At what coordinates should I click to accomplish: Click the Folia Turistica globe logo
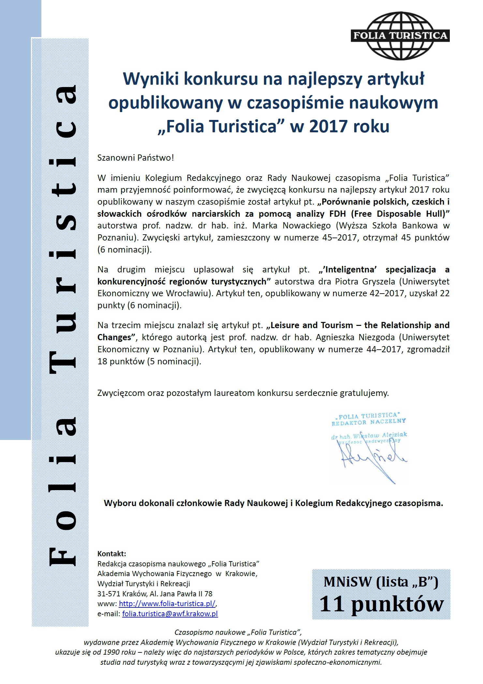coord(400,36)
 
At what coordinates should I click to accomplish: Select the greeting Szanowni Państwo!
coord(136,158)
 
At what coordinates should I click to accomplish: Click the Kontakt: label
coord(111,554)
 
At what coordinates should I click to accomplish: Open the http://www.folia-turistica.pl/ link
coord(167,603)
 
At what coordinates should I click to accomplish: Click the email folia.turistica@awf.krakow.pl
coord(170,614)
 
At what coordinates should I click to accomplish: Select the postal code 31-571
coord(109,593)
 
